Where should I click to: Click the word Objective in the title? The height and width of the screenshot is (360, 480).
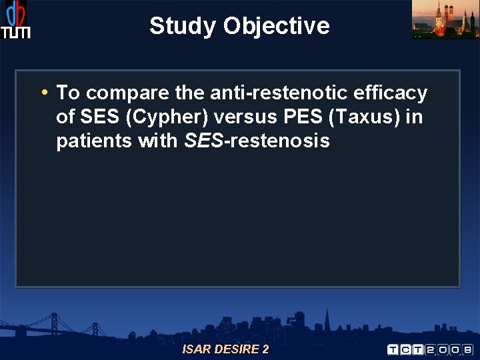(x=277, y=26)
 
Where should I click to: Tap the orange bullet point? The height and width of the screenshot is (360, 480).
(x=43, y=92)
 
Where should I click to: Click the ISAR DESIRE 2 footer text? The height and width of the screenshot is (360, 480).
(x=225, y=349)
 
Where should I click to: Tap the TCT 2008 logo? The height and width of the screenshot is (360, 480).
(x=429, y=349)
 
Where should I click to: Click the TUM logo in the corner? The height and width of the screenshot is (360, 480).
(x=15, y=20)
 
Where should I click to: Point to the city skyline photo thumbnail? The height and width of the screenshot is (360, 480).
(x=445, y=19)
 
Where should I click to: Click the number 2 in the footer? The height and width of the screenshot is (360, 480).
(x=265, y=349)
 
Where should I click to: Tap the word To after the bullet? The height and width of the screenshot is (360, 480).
(x=68, y=93)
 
